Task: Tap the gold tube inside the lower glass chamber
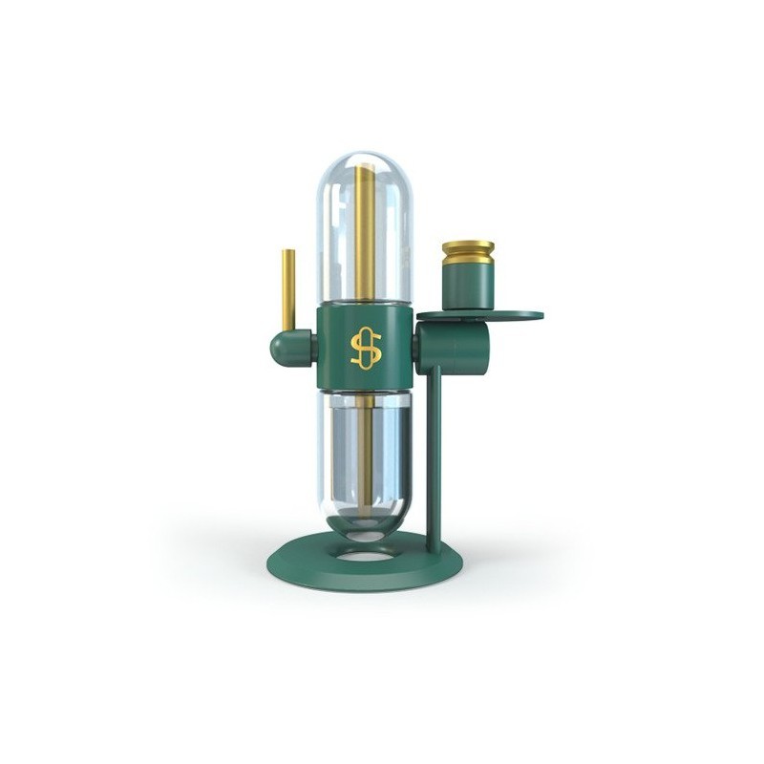[365, 449]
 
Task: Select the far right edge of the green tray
[540, 314]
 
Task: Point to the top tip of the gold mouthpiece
[287, 253]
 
